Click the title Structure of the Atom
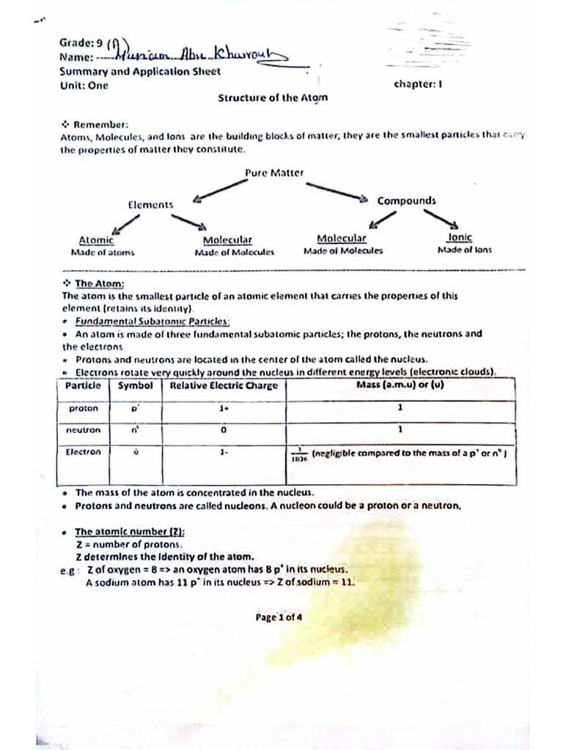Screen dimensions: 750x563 273,97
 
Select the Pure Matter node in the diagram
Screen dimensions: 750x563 274,173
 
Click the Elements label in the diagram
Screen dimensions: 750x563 151,205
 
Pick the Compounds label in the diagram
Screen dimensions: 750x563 406,201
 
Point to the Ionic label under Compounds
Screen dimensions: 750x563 460,238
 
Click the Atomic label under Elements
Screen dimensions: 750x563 96,240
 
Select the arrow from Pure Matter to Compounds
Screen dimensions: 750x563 336,190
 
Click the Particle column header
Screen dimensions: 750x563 83,385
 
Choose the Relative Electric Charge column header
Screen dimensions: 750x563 224,386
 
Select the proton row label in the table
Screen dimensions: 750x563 84,409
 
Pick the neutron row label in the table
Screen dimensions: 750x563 84,430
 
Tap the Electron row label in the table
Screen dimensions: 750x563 83,452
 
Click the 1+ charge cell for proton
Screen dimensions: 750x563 224,409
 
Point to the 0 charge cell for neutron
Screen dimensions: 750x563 223,430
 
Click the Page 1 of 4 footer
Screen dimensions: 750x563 279,617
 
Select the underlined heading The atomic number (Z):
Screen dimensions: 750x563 130,532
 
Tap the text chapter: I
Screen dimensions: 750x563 417,84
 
